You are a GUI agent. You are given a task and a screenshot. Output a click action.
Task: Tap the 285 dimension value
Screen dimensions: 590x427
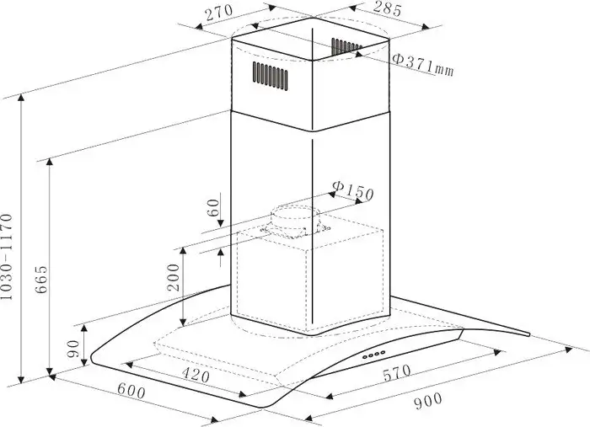click(386, 9)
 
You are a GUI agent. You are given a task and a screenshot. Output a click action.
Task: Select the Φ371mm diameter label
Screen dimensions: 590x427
click(423, 65)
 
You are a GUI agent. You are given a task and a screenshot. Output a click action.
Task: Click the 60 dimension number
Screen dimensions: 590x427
click(213, 207)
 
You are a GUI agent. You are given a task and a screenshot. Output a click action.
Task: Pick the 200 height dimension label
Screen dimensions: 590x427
click(174, 277)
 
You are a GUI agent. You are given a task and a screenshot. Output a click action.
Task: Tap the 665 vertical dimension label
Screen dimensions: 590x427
click(41, 280)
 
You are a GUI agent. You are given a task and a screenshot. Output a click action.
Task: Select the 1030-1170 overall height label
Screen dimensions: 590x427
click(7, 257)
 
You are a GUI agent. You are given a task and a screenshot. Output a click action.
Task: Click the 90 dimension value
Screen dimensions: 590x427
click(72, 350)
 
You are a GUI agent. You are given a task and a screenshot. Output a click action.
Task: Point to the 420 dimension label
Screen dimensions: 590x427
click(196, 375)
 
